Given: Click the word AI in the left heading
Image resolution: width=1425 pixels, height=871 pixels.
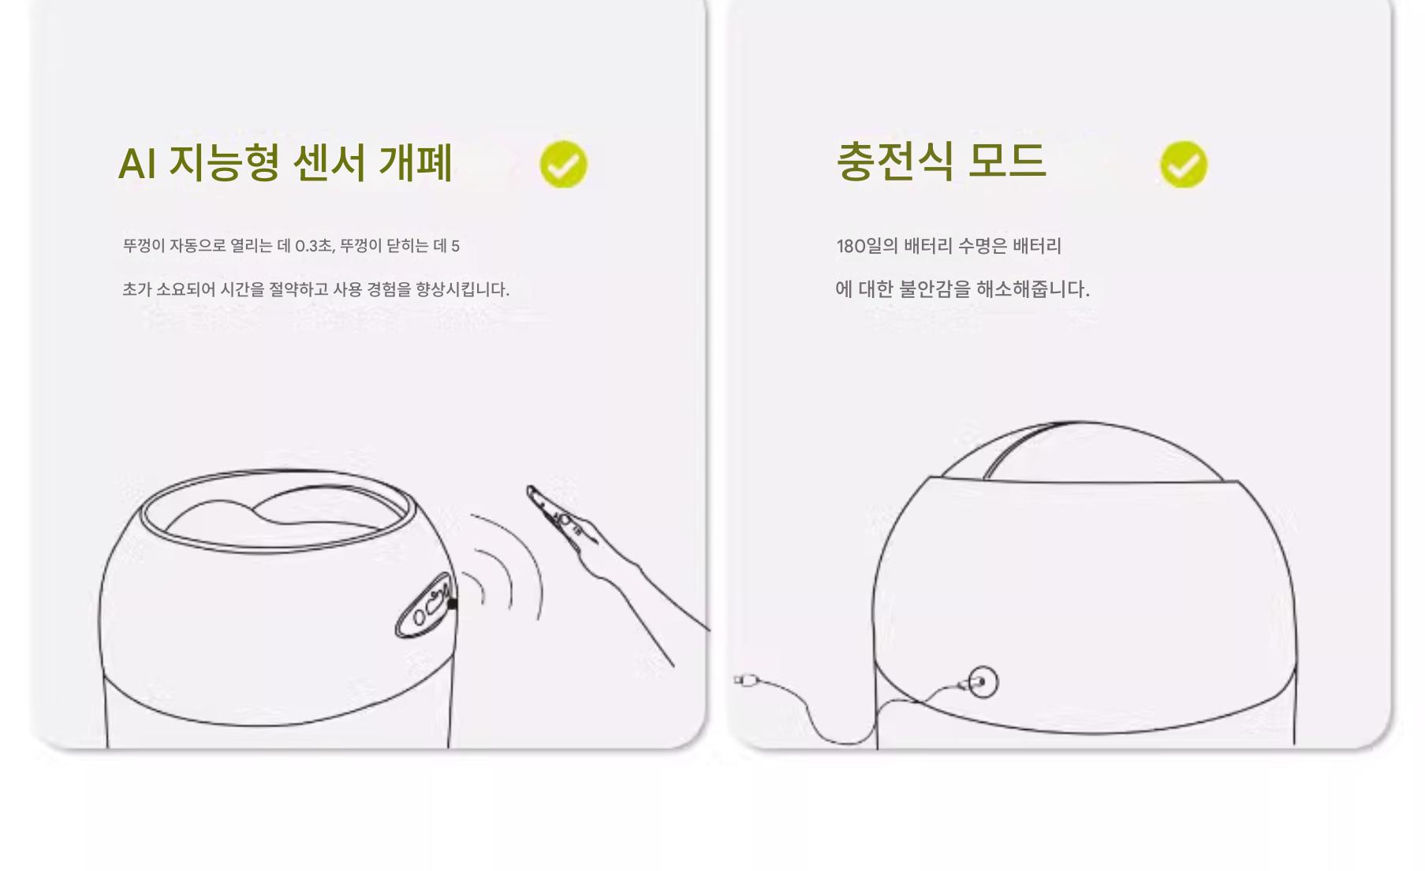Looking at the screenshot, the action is [x=136, y=164].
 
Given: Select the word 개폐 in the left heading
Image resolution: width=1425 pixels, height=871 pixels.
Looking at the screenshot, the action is [x=416, y=163].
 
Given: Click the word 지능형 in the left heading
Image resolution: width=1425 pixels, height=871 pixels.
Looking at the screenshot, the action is [x=224, y=163].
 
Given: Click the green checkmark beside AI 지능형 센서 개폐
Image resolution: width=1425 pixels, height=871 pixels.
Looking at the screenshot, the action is [x=563, y=164].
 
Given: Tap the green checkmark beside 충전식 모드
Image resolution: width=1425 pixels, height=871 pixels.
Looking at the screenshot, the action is [x=1183, y=164].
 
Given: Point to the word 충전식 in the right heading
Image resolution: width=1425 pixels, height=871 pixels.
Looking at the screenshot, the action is [x=894, y=161].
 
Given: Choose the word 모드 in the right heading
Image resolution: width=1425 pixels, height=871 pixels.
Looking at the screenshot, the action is [x=1006, y=161].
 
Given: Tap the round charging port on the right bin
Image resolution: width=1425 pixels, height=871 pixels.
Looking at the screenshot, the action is [x=982, y=682].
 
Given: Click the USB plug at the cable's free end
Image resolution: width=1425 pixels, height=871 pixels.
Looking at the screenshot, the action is [x=745, y=679].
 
